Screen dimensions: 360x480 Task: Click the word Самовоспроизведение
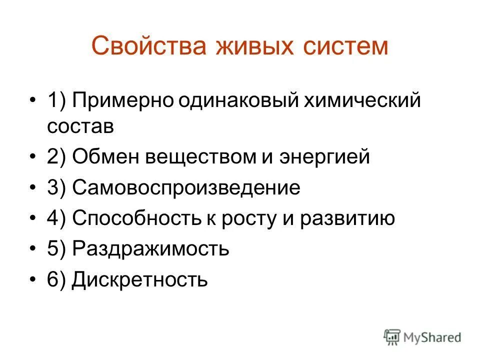pos(186,188)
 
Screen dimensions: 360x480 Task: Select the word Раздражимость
pos(150,249)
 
